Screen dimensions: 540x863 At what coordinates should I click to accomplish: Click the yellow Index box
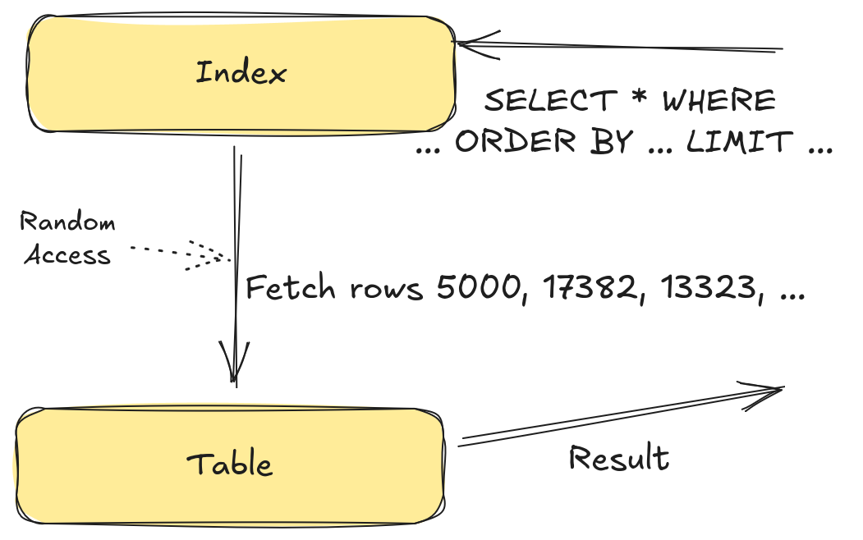[241, 73]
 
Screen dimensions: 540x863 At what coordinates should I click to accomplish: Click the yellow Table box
[230, 464]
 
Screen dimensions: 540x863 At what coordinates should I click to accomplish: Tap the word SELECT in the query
[549, 101]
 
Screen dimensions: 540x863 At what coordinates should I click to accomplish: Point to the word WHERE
[718, 101]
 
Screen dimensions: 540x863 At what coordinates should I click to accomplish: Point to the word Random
[67, 222]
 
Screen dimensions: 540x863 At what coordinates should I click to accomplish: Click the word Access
[67, 255]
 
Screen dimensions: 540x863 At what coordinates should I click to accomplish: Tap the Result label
[619, 458]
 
